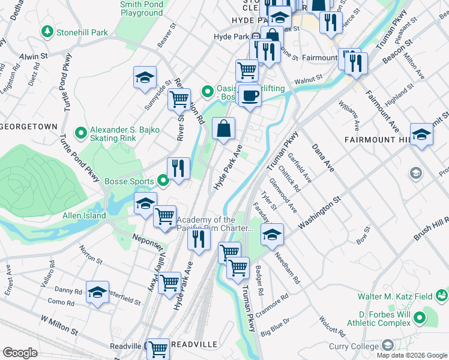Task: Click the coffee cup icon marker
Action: (x=250, y=95)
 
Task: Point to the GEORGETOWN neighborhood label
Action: (x=29, y=127)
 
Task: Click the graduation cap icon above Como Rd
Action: (x=98, y=292)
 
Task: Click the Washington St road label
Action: (x=320, y=212)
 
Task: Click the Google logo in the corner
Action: (x=20, y=352)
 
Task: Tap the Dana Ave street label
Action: (x=322, y=157)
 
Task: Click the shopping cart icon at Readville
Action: (x=158, y=347)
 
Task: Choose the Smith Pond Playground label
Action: (x=141, y=8)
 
